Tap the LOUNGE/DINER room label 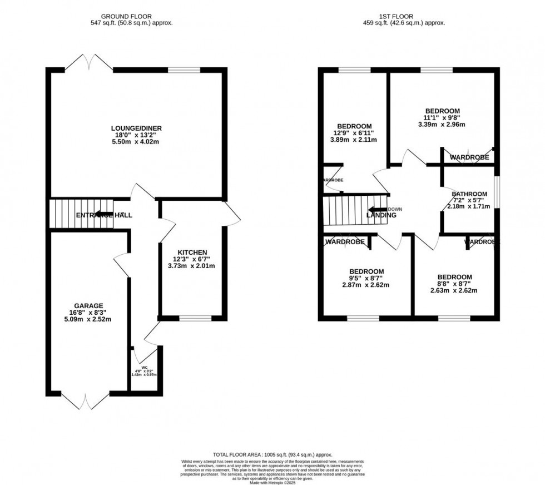(x=136, y=128)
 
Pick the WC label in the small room (x=143, y=367)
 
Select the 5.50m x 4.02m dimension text (x=136, y=142)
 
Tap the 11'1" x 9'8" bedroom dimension (x=443, y=118)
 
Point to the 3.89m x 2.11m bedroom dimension (x=353, y=140)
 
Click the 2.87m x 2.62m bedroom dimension (x=365, y=285)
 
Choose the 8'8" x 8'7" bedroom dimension (x=454, y=284)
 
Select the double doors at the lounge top (x=90, y=61)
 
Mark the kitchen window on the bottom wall (x=195, y=318)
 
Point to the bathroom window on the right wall (x=497, y=192)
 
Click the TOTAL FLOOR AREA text (x=272, y=455)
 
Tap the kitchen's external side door (x=232, y=215)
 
